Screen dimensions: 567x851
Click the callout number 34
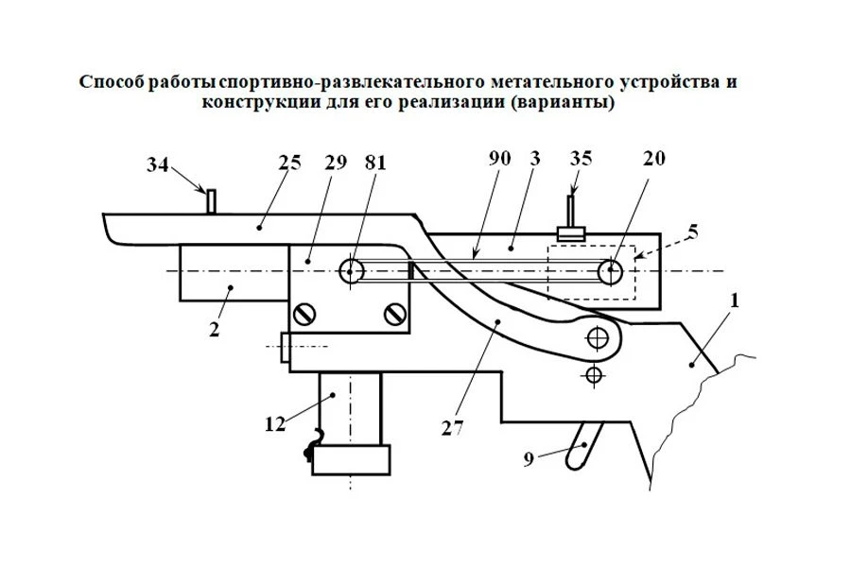pyautogui.click(x=159, y=167)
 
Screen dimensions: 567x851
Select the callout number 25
pyautogui.click(x=289, y=161)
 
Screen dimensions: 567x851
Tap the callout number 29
pyautogui.click(x=336, y=161)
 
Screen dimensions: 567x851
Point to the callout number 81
pyautogui.click(x=376, y=161)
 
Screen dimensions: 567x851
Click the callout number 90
pyautogui.click(x=500, y=159)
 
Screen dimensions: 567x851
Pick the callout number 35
pyautogui.click(x=582, y=159)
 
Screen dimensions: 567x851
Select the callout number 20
pyautogui.click(x=653, y=159)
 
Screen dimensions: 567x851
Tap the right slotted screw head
pyautogui.click(x=394, y=313)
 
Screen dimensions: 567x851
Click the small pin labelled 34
pyautogui.click(x=212, y=200)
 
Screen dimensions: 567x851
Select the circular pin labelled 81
pyautogui.click(x=351, y=270)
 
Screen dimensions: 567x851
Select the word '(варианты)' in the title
pyautogui.click(x=562, y=103)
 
